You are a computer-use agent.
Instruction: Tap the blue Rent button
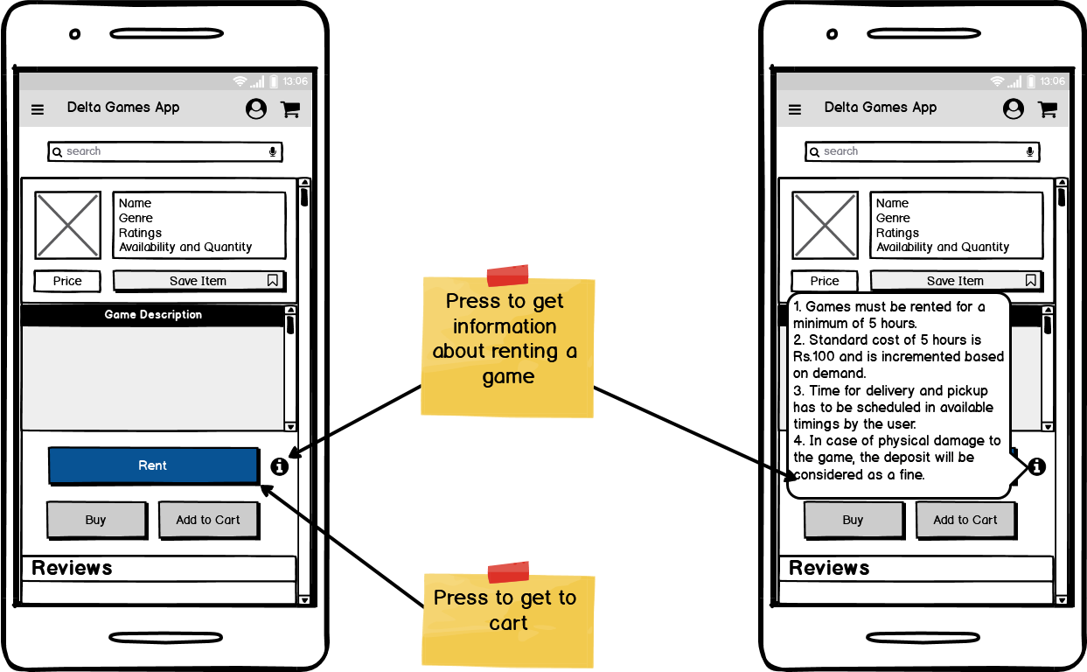(153, 465)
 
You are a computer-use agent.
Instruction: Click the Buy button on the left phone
(96, 520)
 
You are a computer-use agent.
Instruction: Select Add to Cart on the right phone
(965, 520)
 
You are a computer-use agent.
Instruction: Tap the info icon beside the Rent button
(279, 466)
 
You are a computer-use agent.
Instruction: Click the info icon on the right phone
(1036, 466)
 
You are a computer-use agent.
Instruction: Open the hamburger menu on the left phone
(38, 109)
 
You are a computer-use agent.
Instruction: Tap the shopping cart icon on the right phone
(1047, 108)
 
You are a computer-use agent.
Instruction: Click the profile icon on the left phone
(256, 108)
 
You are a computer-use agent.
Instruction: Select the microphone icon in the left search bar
(273, 151)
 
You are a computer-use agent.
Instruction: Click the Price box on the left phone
(67, 281)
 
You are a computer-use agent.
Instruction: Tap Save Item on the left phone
(199, 281)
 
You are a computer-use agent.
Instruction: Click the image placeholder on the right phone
(825, 226)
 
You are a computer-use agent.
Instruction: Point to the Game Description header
(153, 315)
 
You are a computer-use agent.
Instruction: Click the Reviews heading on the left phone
(72, 568)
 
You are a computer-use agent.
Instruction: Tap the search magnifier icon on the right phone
(815, 152)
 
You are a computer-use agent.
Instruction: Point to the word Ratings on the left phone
(141, 233)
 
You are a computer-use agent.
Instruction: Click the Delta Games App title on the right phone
(880, 108)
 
